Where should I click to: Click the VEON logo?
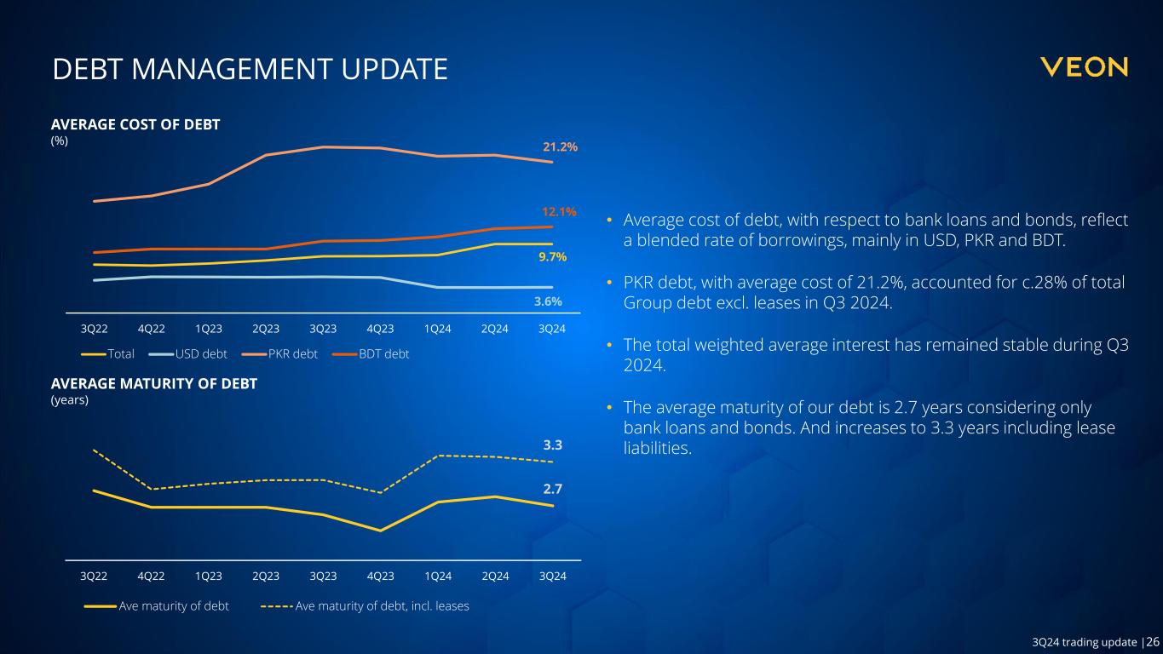click(1085, 67)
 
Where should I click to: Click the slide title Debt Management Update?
click(250, 70)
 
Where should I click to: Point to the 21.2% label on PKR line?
click(560, 146)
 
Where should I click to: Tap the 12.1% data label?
click(560, 211)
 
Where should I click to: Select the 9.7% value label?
click(553, 256)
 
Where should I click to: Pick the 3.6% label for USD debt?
click(547, 301)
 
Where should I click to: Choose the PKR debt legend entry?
click(291, 353)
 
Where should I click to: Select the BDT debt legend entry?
click(383, 353)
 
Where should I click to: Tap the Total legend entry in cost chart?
click(120, 353)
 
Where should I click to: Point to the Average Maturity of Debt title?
click(154, 384)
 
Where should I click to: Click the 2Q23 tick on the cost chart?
click(266, 329)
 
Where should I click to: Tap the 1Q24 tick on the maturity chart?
click(438, 576)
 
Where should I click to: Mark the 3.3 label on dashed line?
click(553, 445)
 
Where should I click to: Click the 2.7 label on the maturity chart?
click(553, 489)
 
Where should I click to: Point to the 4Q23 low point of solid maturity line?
click(380, 531)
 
